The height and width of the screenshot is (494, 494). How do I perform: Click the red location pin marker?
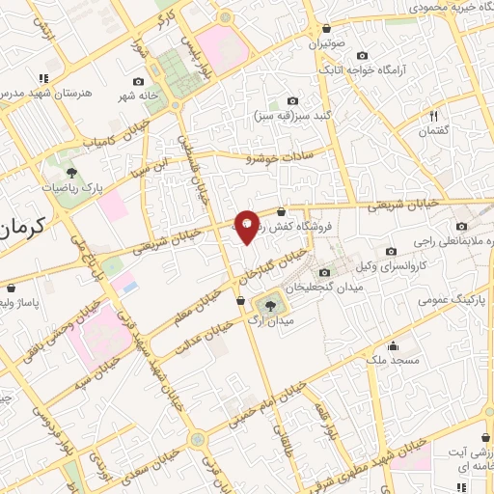(x=246, y=226)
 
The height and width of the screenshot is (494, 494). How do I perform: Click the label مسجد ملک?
(x=395, y=360)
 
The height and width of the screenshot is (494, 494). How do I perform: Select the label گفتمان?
(x=435, y=131)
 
